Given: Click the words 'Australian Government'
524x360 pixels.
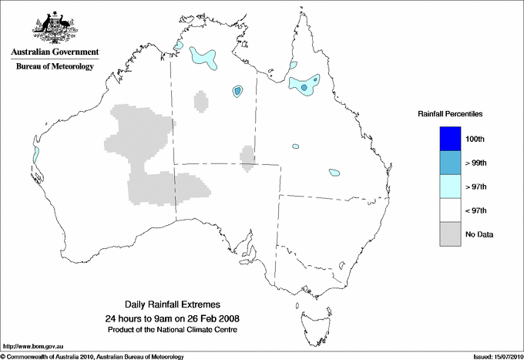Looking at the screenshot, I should [x=54, y=52].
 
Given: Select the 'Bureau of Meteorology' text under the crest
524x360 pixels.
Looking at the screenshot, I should [x=54, y=66].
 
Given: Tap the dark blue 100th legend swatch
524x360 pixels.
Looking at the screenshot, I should [x=450, y=139].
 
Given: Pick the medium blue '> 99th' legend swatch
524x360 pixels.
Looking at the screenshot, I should [x=450, y=163].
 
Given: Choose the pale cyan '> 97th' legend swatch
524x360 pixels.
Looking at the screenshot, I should [x=450, y=187].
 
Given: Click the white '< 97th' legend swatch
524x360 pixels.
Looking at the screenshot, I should [x=450, y=210].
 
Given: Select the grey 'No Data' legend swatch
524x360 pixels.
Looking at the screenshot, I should [x=450, y=234].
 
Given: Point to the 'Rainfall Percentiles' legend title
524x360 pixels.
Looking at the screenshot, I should [x=450, y=113].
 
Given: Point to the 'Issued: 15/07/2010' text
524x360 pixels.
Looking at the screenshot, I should [x=491, y=355].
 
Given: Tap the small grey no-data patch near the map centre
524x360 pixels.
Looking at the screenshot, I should [x=247, y=156].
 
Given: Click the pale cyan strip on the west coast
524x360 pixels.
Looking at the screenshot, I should [x=35, y=154].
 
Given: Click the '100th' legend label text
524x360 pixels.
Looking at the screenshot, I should [x=475, y=139].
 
